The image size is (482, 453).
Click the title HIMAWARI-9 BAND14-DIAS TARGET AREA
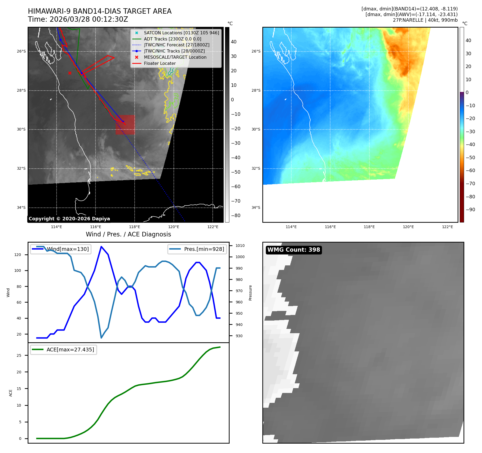tap(100, 11)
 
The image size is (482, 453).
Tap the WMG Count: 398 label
tap(293, 250)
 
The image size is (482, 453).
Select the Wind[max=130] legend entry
tap(61, 249)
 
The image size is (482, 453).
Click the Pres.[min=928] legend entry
tap(197, 249)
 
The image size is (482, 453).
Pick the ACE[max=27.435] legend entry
tap(64, 350)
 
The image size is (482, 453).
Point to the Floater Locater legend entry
tap(160, 64)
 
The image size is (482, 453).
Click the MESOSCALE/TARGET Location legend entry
tap(175, 57)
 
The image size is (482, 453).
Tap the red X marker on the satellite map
tap(70, 73)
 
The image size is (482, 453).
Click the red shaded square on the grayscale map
tap(125, 125)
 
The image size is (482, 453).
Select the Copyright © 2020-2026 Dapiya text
tap(69, 219)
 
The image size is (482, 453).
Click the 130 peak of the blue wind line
tap(101, 247)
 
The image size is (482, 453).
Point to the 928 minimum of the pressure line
tap(101, 338)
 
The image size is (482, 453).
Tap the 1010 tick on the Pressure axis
tap(240, 246)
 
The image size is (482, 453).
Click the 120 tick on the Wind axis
tap(18, 255)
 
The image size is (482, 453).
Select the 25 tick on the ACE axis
tap(19, 355)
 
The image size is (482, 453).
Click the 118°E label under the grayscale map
tap(134, 227)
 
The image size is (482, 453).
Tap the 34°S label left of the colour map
tap(256, 207)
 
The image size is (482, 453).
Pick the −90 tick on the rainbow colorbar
tap(470, 210)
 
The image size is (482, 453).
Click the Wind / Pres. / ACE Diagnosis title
tap(128, 234)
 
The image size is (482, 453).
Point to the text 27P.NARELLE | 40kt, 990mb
tap(425, 20)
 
